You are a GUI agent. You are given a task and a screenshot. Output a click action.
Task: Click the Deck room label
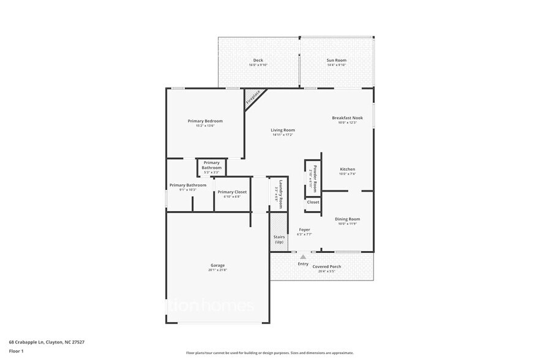pos(258,60)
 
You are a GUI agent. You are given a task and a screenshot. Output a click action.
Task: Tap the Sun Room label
pos(336,60)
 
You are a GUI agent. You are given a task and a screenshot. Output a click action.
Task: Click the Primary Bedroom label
pos(205,121)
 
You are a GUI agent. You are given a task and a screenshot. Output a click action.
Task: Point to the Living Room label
pos(283,130)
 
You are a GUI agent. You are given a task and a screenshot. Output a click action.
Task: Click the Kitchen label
pos(347,169)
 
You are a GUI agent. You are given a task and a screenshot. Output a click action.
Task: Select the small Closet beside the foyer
pos(313,202)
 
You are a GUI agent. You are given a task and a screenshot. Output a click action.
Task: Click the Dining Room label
pos(347,219)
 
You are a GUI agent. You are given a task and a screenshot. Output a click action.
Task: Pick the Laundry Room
pos(279,193)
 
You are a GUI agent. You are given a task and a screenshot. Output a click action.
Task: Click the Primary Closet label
pos(232,192)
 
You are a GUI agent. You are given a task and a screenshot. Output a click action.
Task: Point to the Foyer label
pos(304,230)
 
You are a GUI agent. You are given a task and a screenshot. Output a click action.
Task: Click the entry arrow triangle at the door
pos(302,257)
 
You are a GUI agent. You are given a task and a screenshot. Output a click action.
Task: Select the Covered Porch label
pos(327,266)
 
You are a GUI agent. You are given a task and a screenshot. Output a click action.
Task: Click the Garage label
pos(217,265)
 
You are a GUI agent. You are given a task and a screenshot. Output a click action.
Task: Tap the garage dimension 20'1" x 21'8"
pos(217,270)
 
